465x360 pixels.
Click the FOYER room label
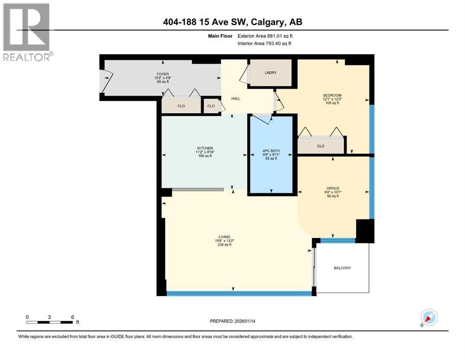coord(162,74)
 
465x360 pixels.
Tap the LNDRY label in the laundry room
coord(271,73)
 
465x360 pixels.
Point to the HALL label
coord(236,98)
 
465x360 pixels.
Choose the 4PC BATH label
coord(272,151)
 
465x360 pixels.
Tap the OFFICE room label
coord(333,188)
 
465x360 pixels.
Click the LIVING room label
coord(228,237)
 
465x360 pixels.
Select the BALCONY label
coord(342,268)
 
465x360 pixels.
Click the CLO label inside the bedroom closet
coord(321,146)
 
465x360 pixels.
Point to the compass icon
coord(428,317)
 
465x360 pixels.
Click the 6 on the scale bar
coord(72,317)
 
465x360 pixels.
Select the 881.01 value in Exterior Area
coord(276,36)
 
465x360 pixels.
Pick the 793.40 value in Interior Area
coord(275,44)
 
